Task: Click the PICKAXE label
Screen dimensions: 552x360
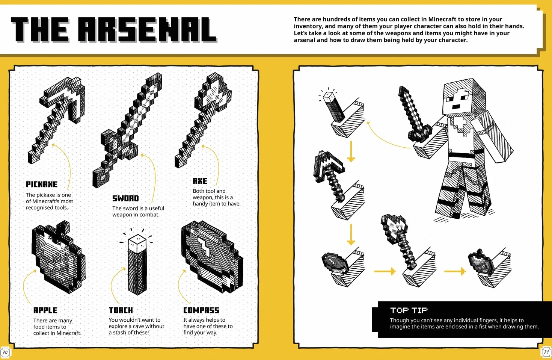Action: click(42, 184)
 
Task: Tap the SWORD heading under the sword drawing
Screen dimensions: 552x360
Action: click(125, 198)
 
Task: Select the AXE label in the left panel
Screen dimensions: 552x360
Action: click(200, 181)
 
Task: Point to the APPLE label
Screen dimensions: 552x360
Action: click(45, 310)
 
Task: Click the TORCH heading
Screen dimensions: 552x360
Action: click(121, 310)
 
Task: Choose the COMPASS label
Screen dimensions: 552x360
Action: click(201, 310)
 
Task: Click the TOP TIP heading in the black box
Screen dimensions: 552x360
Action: click(409, 310)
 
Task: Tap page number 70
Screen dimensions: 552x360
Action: click(5, 352)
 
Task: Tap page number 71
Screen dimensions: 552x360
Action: click(546, 352)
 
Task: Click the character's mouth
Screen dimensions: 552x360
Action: click(455, 107)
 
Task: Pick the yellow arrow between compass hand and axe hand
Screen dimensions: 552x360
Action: click(385, 271)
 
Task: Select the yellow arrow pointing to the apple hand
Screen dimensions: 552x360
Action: click(455, 271)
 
